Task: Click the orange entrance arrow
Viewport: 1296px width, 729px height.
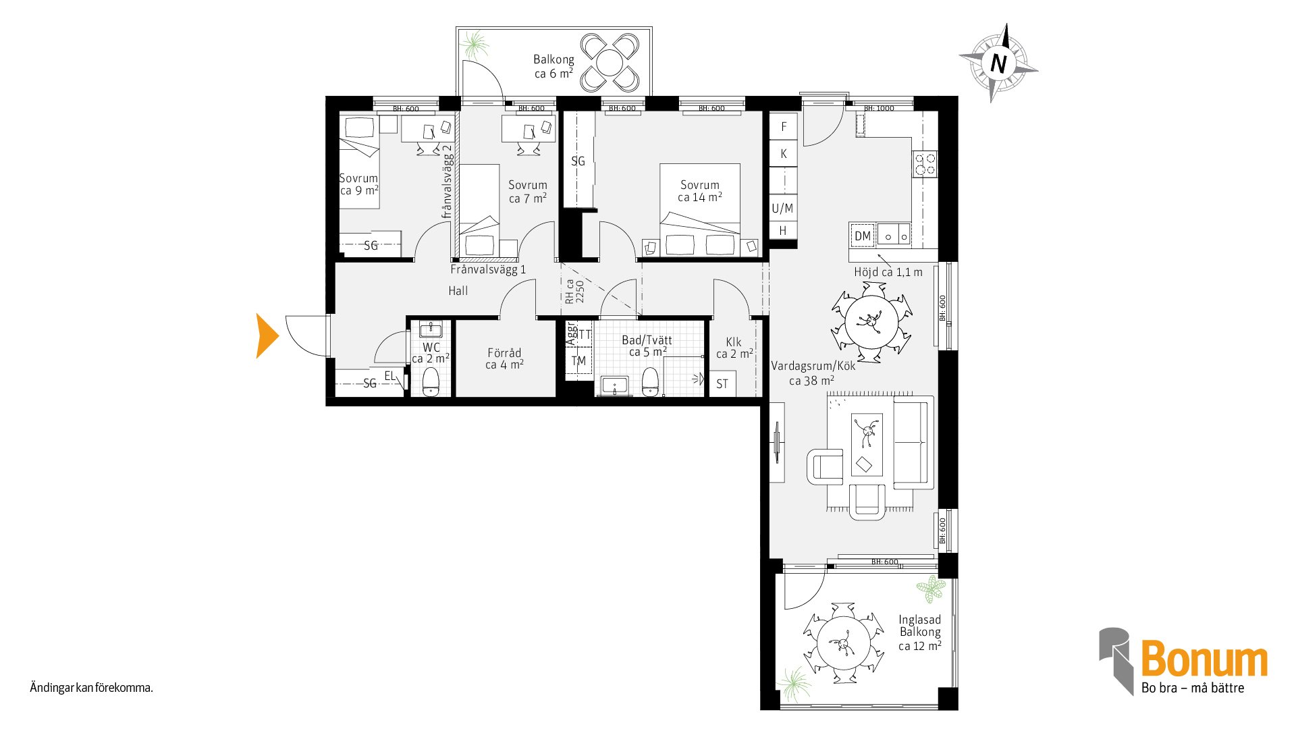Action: (267, 335)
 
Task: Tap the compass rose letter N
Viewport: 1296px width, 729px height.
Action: (998, 63)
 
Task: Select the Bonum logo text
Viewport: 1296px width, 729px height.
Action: (1204, 658)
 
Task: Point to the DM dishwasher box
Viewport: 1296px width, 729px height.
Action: (863, 236)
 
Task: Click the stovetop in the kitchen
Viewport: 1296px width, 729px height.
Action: (925, 164)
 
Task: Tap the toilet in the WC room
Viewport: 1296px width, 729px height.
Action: (431, 382)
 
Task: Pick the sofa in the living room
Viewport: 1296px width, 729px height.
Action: (913, 442)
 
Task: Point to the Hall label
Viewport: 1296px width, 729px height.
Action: (458, 291)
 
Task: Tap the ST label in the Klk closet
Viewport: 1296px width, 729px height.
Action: (722, 384)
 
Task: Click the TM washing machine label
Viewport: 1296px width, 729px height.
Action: (578, 361)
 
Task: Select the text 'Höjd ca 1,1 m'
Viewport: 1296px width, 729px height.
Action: (888, 272)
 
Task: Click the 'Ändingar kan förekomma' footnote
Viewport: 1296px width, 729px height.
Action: (92, 688)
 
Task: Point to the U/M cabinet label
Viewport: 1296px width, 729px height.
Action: (783, 208)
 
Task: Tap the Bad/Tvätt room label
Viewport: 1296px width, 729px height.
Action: (647, 346)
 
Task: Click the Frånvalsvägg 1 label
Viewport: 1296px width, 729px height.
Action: (488, 269)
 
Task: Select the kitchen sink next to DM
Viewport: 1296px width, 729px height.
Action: (894, 235)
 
